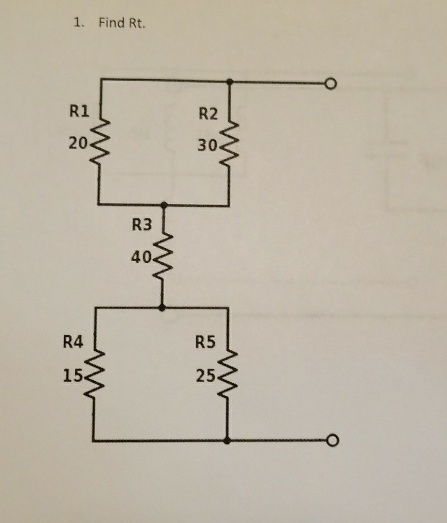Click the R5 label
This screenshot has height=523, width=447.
pos(206,341)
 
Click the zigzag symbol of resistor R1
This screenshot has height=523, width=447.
pos(99,142)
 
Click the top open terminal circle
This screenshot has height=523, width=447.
pos(332,83)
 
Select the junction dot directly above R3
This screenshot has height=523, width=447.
pos(164,205)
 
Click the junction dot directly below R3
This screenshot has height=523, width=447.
pos(162,308)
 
